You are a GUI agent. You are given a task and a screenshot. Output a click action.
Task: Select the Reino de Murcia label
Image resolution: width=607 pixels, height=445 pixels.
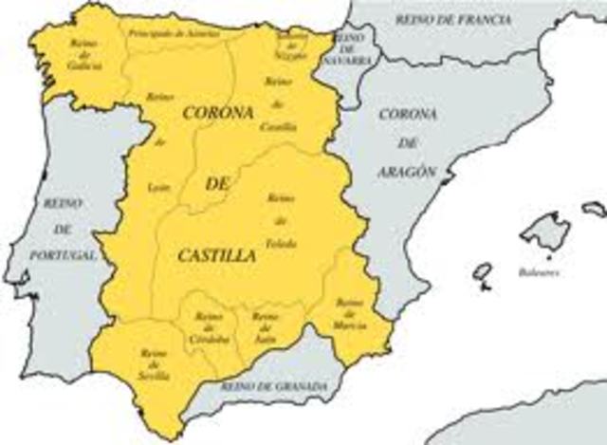(x=350, y=313)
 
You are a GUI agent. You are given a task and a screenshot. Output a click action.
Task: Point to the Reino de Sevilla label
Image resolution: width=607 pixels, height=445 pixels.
(x=156, y=364)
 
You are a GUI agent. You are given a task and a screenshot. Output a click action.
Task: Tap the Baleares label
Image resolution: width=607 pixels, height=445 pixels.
(x=538, y=272)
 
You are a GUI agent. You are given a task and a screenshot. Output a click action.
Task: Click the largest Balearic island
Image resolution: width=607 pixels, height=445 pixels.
(x=545, y=231)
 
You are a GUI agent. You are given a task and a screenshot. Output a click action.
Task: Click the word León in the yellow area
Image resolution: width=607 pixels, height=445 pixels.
(x=159, y=188)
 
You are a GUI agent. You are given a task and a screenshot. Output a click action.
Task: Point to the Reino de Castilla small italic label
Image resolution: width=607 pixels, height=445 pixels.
(x=281, y=104)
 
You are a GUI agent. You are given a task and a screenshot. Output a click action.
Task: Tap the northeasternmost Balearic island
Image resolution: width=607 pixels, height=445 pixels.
(x=594, y=208)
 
